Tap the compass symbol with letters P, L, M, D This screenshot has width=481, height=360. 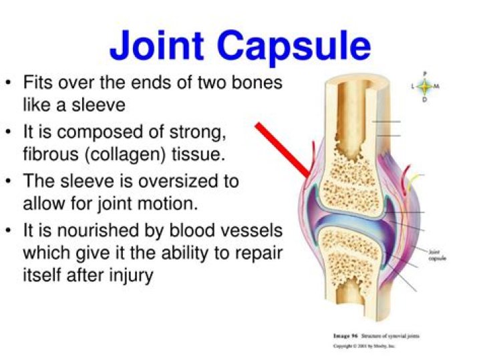[424, 86]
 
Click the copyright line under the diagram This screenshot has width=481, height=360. [363, 347]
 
